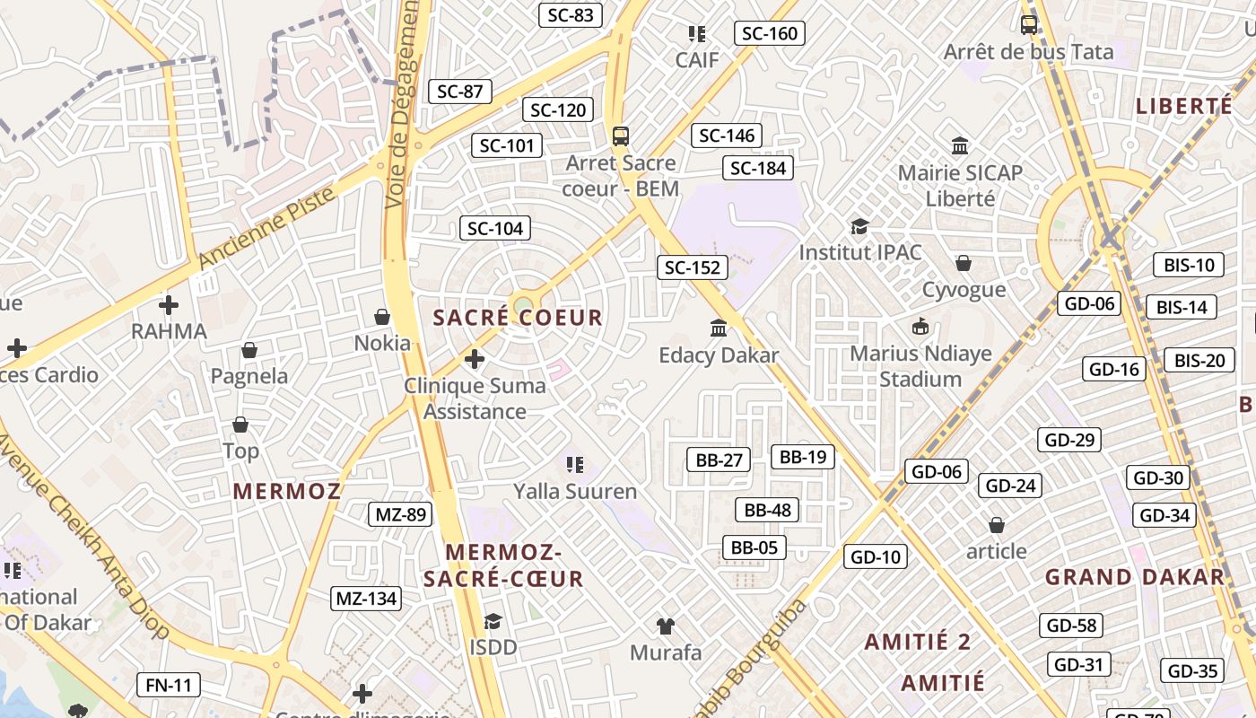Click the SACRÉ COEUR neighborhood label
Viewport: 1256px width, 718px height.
pyautogui.click(x=518, y=318)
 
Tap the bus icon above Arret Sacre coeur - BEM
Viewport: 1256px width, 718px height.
pyautogui.click(x=621, y=136)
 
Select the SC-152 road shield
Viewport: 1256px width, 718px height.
pyautogui.click(x=693, y=267)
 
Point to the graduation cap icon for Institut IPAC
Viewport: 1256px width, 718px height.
pyautogui.click(x=860, y=226)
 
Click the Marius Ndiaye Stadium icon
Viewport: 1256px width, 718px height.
pyautogui.click(x=920, y=326)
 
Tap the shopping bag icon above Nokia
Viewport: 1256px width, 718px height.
pyautogui.click(x=382, y=317)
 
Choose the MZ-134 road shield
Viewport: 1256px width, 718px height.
pyautogui.click(x=366, y=599)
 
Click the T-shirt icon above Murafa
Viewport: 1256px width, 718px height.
pyautogui.click(x=666, y=626)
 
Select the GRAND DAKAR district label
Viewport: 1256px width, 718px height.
pyautogui.click(x=1135, y=577)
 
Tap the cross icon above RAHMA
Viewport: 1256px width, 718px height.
pyautogui.click(x=169, y=304)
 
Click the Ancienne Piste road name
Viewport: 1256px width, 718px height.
pyautogui.click(x=266, y=228)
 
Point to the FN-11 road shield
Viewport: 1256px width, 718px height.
pyautogui.click(x=169, y=686)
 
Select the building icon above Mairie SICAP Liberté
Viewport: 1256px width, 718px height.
pyautogui.click(x=960, y=145)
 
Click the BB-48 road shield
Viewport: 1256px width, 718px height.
pyautogui.click(x=768, y=511)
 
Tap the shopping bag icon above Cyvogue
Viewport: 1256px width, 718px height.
pyautogui.click(x=964, y=263)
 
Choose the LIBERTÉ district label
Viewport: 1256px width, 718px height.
pyautogui.click(x=1184, y=106)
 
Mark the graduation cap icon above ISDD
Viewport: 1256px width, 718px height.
pyautogui.click(x=493, y=621)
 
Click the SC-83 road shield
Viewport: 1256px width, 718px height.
pyautogui.click(x=571, y=14)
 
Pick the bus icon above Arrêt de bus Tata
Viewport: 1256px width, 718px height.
pyautogui.click(x=1029, y=25)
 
